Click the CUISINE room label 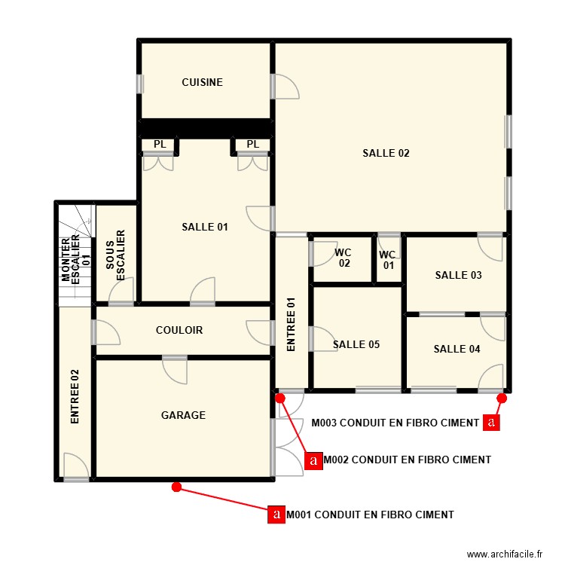point(202,82)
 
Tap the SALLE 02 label point(386,153)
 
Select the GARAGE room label point(183,415)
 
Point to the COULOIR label point(179,330)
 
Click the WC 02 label point(344,258)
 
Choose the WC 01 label point(388,260)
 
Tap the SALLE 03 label point(458,275)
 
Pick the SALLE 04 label point(457,349)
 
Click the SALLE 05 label point(356,344)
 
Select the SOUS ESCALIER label point(115,255)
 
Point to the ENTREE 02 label point(75,397)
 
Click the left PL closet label point(160,144)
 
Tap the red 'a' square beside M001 point(276,515)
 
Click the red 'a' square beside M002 point(313,460)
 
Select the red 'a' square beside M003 point(491,423)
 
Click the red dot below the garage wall point(176,487)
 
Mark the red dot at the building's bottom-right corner point(502,399)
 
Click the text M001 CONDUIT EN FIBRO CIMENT point(370,515)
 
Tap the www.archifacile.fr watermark point(505,554)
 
